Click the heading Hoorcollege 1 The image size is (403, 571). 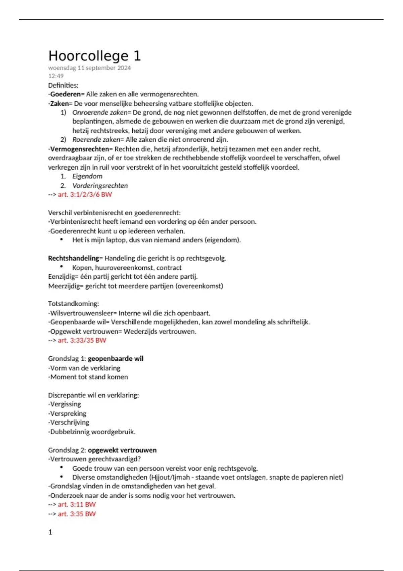click(94, 56)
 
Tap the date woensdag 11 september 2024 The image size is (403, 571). click(89, 68)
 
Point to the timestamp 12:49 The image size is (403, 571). click(56, 76)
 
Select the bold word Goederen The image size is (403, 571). click(66, 94)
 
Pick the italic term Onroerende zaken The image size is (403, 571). click(100, 113)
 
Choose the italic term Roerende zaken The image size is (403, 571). click(96, 140)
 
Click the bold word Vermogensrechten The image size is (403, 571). click(80, 149)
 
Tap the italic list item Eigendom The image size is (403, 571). click(87, 176)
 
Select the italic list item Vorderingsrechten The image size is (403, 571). click(100, 186)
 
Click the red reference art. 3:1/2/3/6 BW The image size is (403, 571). click(85, 194)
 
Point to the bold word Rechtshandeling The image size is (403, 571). click(74, 258)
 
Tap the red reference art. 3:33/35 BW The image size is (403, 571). click(82, 341)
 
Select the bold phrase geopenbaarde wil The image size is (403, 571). click(116, 359)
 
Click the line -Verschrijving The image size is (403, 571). click(69, 423)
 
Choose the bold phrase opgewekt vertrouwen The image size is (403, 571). click(122, 450)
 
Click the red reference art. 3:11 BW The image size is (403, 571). click(77, 504)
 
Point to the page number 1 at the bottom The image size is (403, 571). click(50, 532)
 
